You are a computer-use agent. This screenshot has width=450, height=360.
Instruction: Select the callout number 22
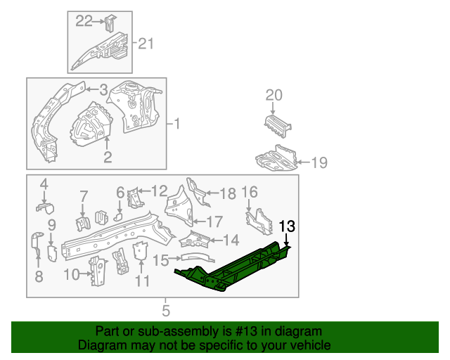click(84, 21)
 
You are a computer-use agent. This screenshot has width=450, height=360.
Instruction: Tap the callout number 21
click(145, 44)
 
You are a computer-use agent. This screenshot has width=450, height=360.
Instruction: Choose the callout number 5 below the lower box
click(166, 309)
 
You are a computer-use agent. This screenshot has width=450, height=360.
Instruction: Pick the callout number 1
click(177, 124)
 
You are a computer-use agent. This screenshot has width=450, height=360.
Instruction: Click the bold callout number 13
click(288, 226)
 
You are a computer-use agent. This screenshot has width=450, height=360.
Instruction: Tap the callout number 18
click(229, 194)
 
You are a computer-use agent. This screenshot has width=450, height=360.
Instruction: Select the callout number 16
click(250, 192)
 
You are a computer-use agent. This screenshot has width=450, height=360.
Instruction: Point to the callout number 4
click(44, 184)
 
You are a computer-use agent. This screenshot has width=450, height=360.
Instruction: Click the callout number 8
click(39, 276)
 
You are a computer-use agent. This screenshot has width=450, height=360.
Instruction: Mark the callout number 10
click(72, 274)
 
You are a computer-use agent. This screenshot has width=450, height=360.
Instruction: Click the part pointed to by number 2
click(91, 124)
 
